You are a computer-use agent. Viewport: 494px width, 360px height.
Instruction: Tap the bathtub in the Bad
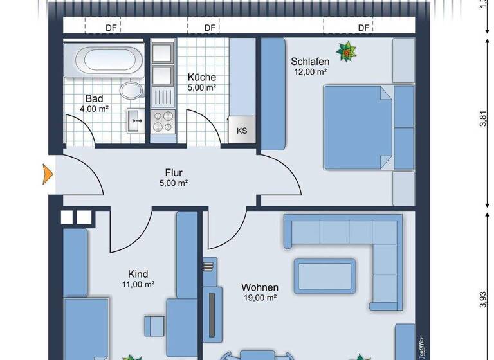[x=109, y=60]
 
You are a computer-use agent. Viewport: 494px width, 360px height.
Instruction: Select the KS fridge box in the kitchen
[x=242, y=130]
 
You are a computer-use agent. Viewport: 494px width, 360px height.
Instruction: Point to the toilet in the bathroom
[x=132, y=90]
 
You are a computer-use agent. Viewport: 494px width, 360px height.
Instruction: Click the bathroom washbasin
[x=136, y=119]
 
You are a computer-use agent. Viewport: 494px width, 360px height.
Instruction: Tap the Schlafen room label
[x=310, y=62]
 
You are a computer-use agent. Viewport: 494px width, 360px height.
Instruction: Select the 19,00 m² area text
[x=259, y=298]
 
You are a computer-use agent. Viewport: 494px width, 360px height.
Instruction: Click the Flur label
[x=174, y=172]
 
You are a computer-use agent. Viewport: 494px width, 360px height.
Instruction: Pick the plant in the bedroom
[x=348, y=51]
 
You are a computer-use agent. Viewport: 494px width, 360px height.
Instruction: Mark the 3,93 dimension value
[x=484, y=301]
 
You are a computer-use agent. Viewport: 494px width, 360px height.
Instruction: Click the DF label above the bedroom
[x=364, y=28]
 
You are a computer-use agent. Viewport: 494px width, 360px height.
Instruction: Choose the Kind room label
[x=138, y=273]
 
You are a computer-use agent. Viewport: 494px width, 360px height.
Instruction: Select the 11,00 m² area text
[x=138, y=283]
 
